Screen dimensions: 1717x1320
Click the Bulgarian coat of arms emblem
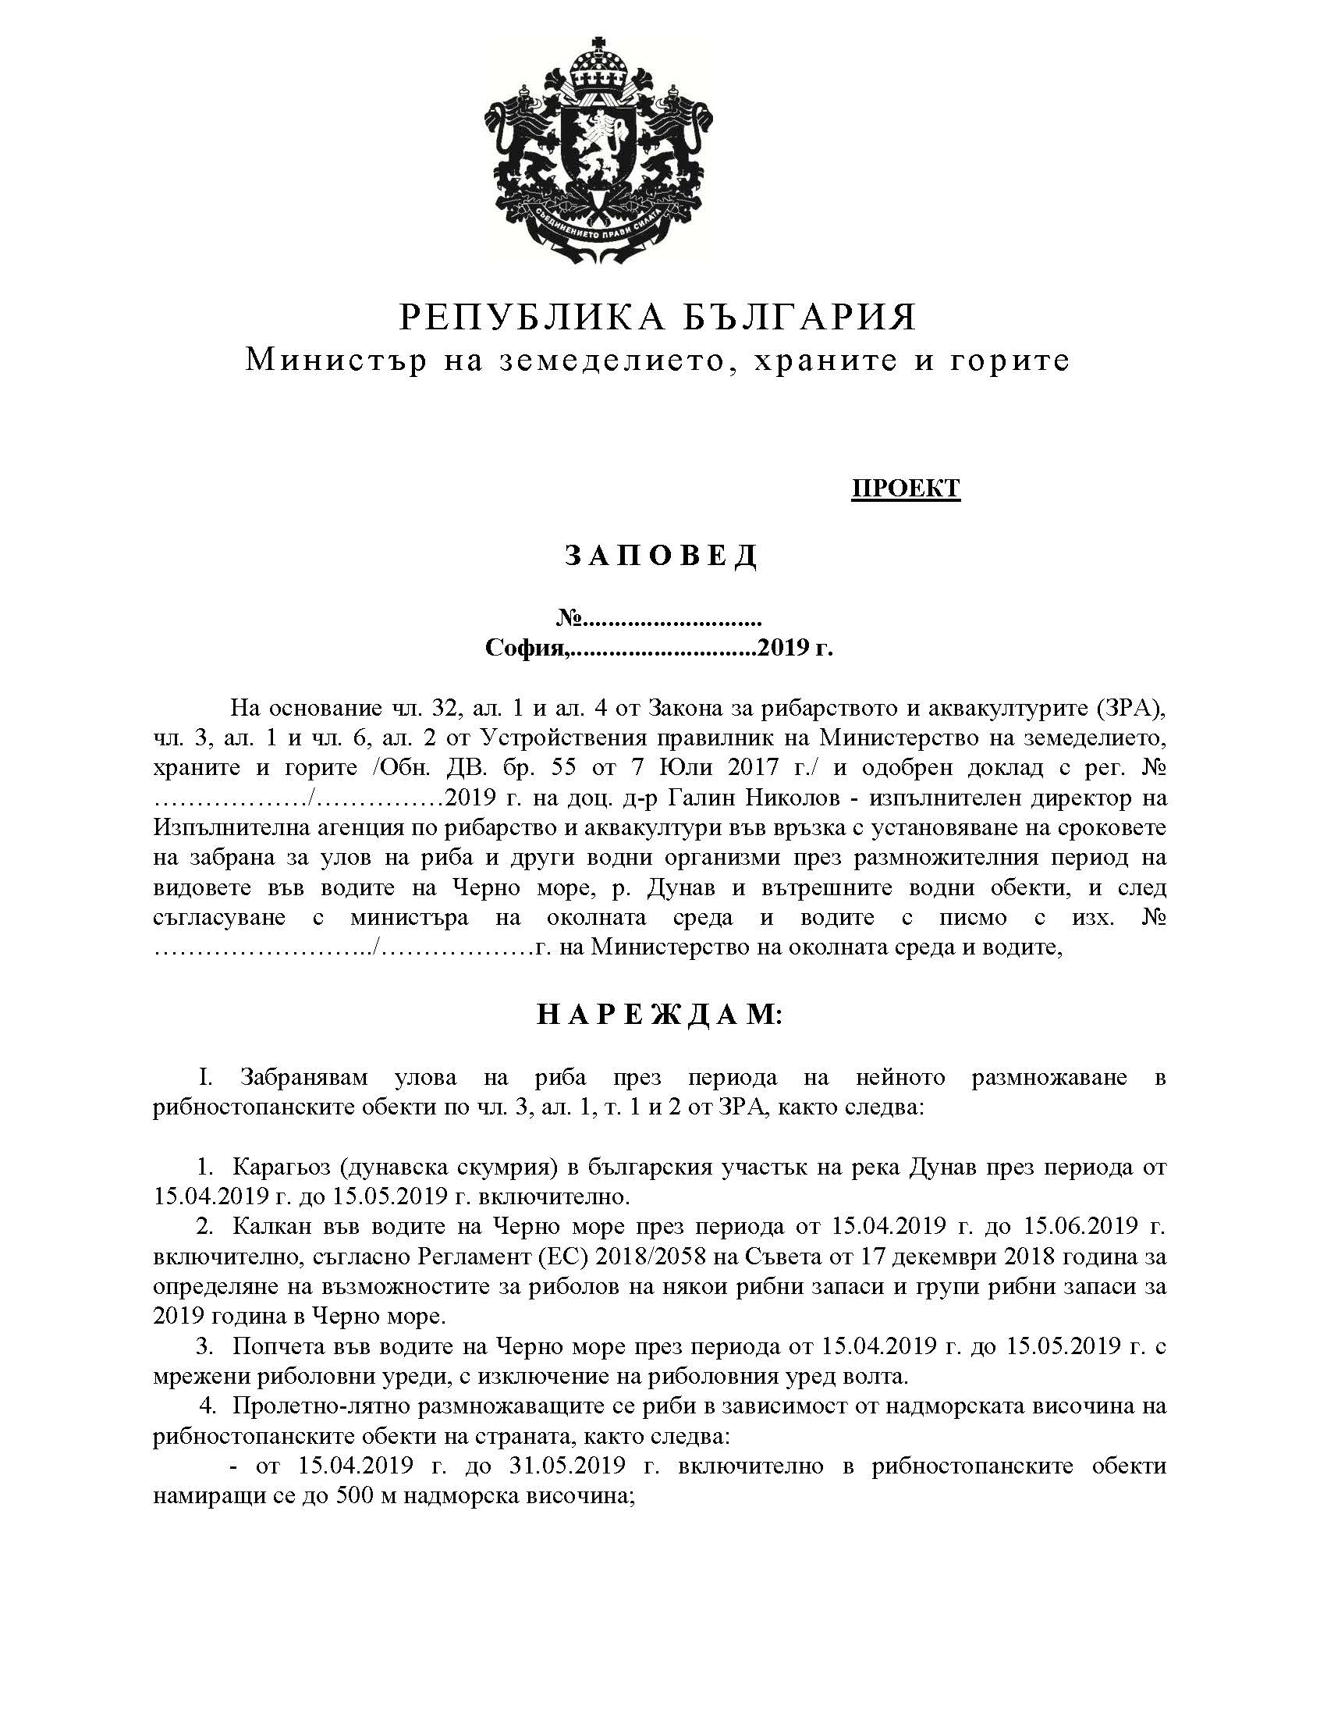pyautogui.click(x=599, y=153)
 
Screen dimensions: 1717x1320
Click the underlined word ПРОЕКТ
pyautogui.click(x=905, y=488)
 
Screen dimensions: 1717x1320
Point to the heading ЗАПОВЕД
pyautogui.click(x=660, y=556)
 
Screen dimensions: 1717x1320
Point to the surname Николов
pyautogui.click(x=793, y=798)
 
